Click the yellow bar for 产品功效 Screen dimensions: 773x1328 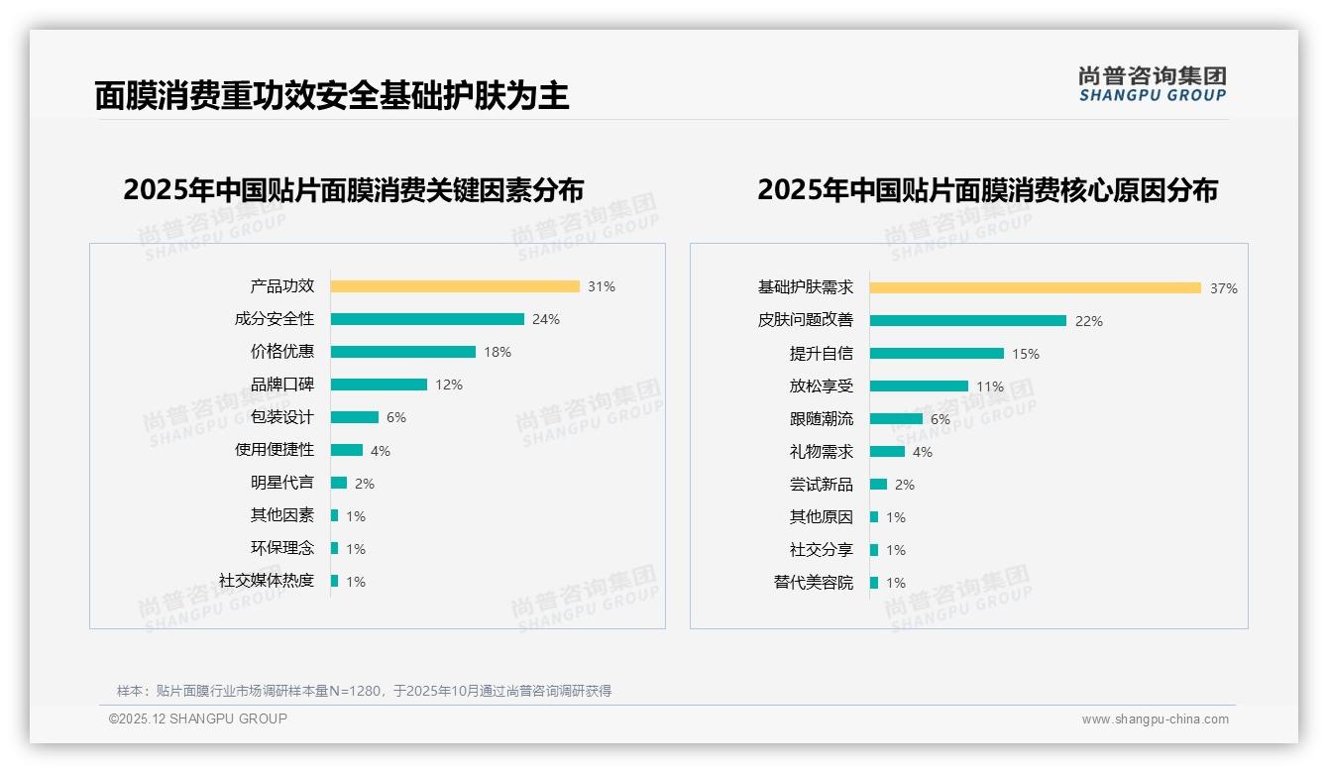point(455,286)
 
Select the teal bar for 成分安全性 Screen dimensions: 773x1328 point(427,319)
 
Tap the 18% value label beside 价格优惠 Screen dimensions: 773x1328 point(498,352)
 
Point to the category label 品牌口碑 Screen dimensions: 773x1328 point(282,385)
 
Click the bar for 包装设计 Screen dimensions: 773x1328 point(355,417)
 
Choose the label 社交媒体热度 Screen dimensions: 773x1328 point(267,581)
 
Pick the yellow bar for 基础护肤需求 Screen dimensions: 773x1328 point(1036,287)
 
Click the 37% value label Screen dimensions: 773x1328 point(1223,288)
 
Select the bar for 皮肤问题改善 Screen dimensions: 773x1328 point(968,320)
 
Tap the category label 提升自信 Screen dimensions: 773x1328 point(822,353)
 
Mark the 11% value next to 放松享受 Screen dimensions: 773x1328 point(990,386)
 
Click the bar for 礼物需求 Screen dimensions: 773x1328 point(887,452)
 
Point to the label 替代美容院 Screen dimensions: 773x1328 point(814,583)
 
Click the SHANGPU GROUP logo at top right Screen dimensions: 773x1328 point(1153,84)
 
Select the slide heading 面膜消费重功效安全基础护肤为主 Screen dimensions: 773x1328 point(332,95)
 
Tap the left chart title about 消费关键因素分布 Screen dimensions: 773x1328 point(354,189)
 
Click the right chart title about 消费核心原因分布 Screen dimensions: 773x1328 point(987,189)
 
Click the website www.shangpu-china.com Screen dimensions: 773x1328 point(1155,719)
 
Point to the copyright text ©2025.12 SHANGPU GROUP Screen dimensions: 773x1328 point(198,718)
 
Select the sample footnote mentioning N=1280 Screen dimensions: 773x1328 point(364,691)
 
